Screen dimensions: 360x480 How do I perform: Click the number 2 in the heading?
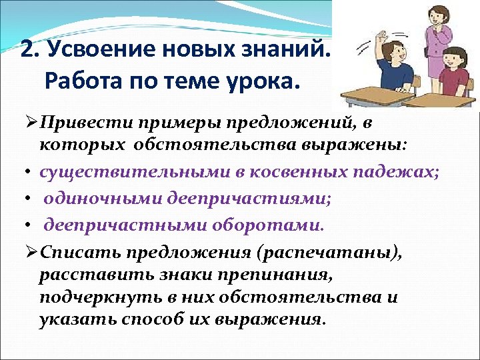point(27,50)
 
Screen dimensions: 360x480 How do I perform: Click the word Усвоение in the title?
point(93,51)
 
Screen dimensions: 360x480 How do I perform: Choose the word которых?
point(81,145)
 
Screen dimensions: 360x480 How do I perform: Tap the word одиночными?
point(93,198)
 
